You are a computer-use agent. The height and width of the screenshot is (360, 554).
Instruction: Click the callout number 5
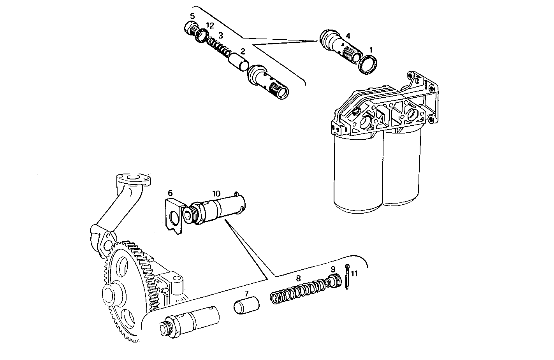pyautogui.click(x=192, y=16)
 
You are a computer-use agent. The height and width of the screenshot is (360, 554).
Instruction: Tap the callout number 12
pyautogui.click(x=210, y=26)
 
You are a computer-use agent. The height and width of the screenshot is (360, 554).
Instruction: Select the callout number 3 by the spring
pyautogui.click(x=220, y=35)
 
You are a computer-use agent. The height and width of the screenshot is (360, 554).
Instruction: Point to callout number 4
pyautogui.click(x=348, y=35)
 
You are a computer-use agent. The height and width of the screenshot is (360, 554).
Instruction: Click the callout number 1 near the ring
pyautogui.click(x=371, y=50)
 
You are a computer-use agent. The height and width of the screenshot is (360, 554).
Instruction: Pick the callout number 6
pyautogui.click(x=170, y=193)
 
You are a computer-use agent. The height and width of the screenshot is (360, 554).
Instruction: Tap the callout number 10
pyautogui.click(x=216, y=193)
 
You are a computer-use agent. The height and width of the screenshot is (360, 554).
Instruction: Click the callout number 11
pyautogui.click(x=354, y=274)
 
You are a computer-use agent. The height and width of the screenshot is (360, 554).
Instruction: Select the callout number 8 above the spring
pyautogui.click(x=298, y=278)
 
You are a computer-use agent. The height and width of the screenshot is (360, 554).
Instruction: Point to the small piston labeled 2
pyautogui.click(x=238, y=62)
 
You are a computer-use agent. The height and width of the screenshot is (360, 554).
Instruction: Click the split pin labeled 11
pyautogui.click(x=346, y=277)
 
